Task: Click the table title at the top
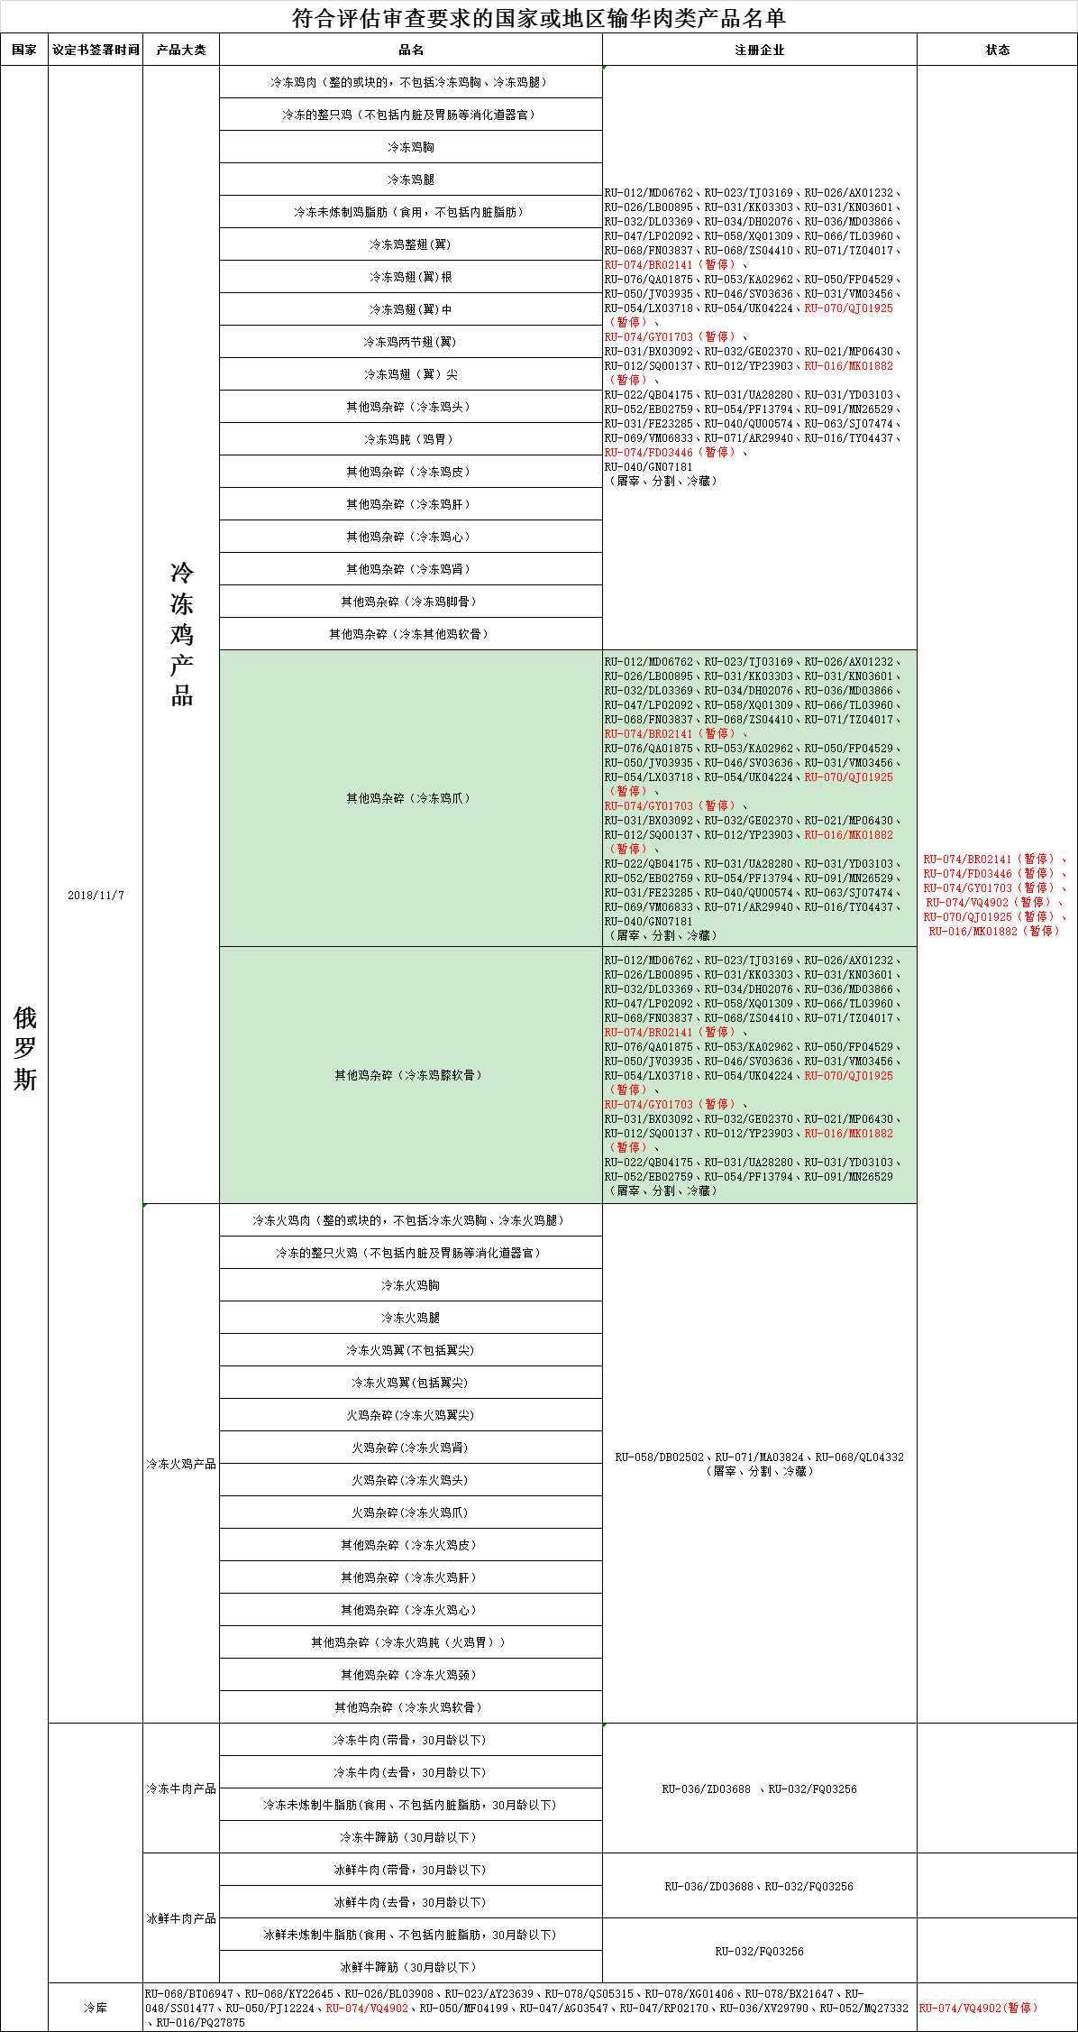pos(539,18)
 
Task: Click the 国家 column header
pos(24,51)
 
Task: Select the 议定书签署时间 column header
pos(96,51)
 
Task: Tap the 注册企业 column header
pos(759,51)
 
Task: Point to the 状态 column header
pos(997,51)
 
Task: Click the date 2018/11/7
pos(96,896)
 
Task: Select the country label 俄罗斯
pos(24,1048)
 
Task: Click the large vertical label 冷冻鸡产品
pos(181,634)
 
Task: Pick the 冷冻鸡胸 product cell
pos(410,147)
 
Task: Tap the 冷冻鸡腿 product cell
pos(410,179)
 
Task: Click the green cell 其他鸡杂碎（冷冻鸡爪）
pos(410,798)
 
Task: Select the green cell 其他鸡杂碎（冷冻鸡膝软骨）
pos(410,1075)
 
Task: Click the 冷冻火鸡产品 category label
pos(181,1464)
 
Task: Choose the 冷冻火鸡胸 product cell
pos(410,1285)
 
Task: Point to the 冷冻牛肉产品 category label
pos(181,1788)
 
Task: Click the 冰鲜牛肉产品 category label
pos(181,1918)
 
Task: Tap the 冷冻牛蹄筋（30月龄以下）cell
pos(410,1837)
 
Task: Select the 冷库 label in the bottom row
pos(96,2008)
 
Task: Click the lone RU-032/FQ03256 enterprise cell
pos(759,1951)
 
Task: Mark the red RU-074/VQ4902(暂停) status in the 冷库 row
pos(979,2008)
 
